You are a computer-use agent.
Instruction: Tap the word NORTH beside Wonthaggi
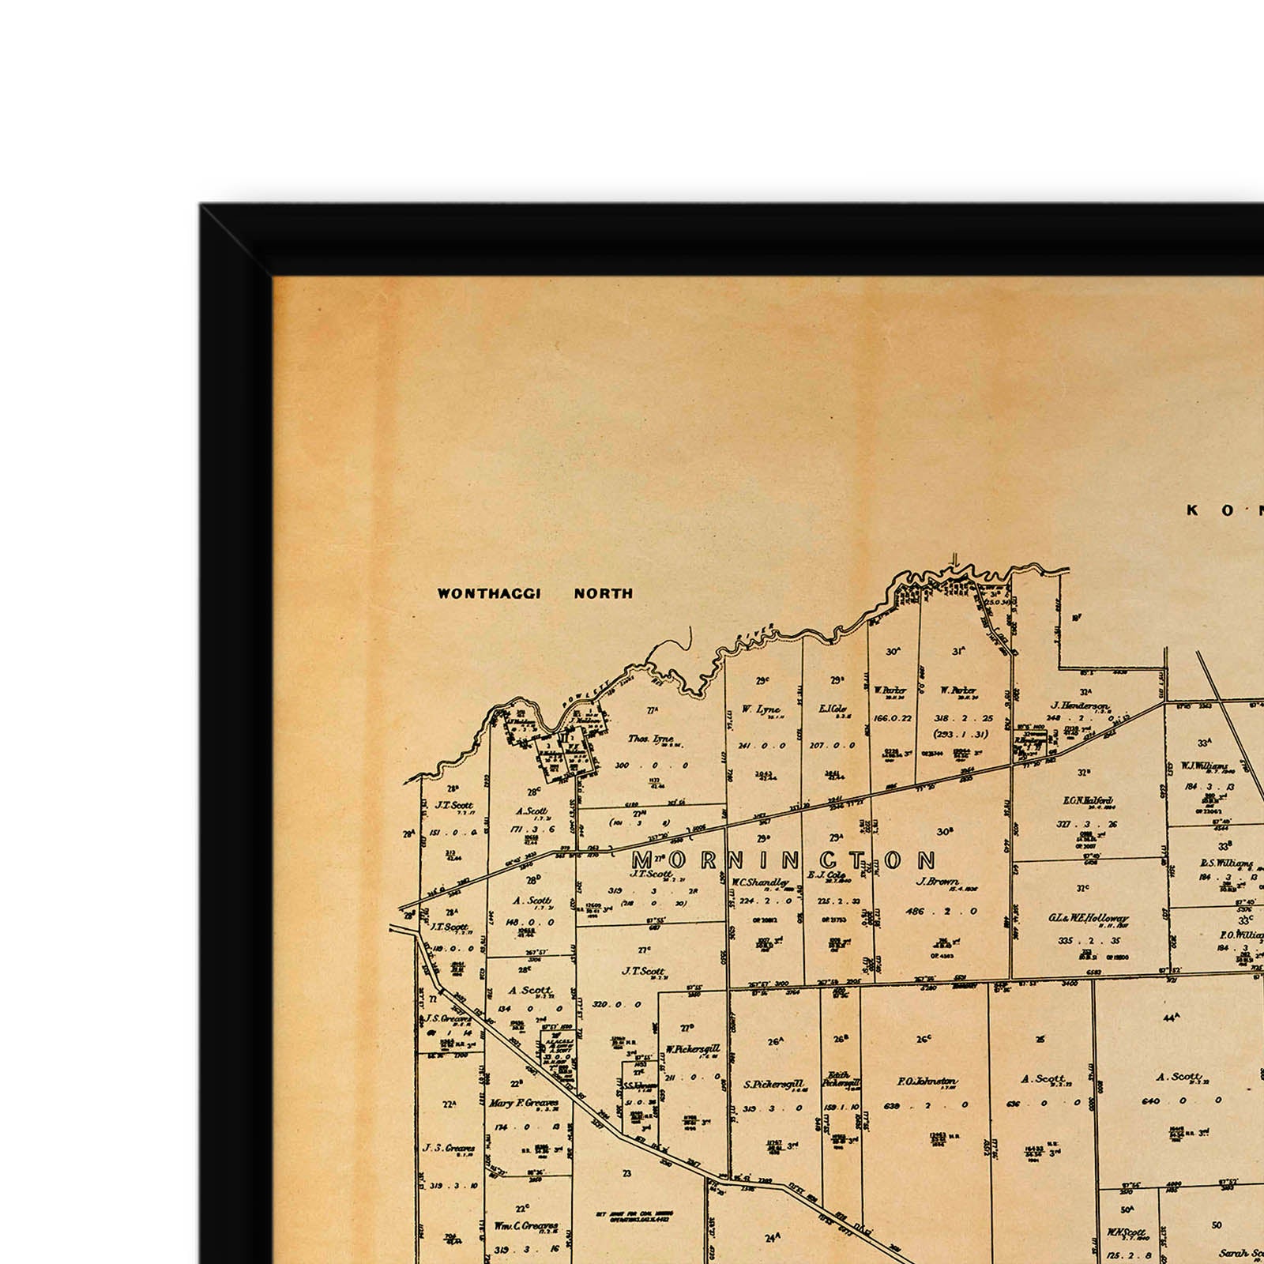(604, 593)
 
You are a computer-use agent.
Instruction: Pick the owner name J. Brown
(938, 882)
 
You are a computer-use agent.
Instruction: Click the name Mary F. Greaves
(524, 1104)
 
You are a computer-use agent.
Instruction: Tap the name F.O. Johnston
(927, 1082)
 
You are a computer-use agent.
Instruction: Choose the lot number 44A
(1171, 1018)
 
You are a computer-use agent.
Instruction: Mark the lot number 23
(627, 1173)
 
